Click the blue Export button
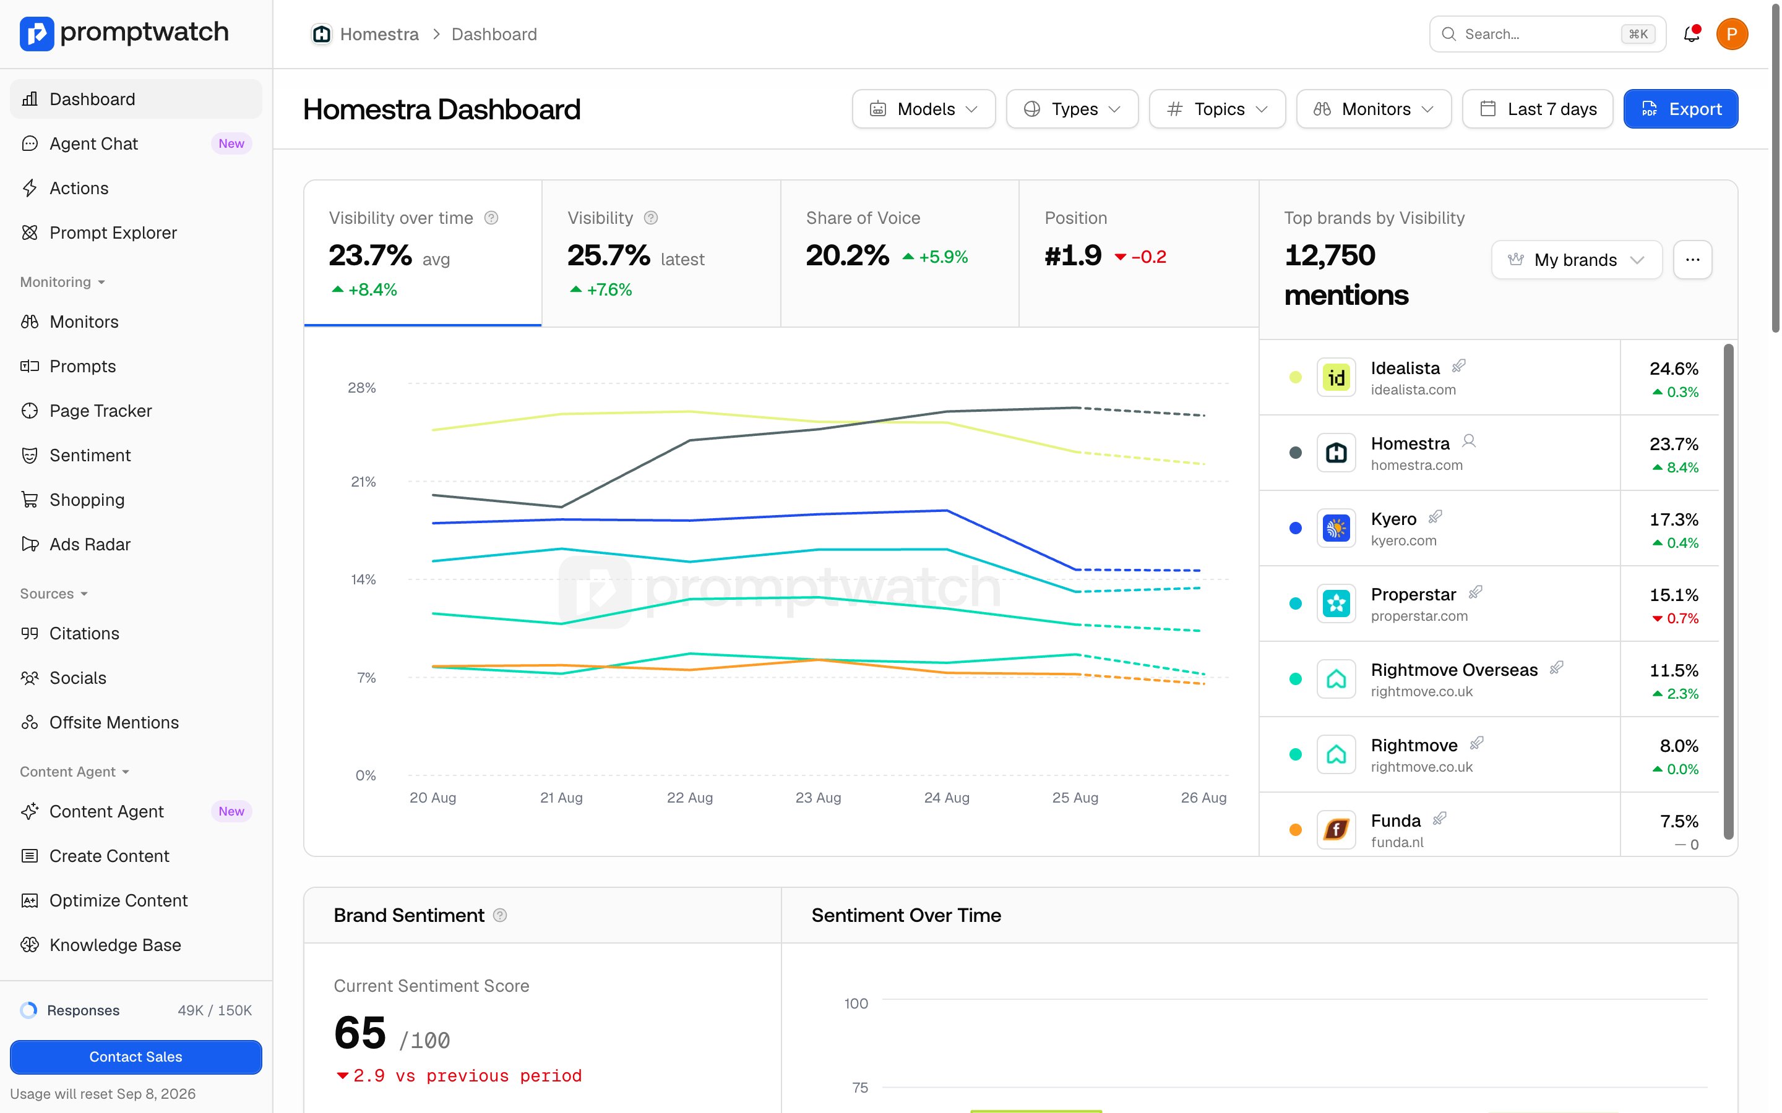pyautogui.click(x=1681, y=109)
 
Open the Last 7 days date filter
pyautogui.click(x=1537, y=109)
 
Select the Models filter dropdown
pyautogui.click(x=923, y=109)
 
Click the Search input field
pyautogui.click(x=1547, y=34)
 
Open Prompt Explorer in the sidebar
pyautogui.click(x=113, y=232)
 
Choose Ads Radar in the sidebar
pyautogui.click(x=90, y=544)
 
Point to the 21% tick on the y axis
pyautogui.click(x=363, y=482)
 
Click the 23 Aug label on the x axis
pyautogui.click(x=818, y=797)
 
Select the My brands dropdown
pyautogui.click(x=1577, y=260)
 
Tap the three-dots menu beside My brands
pyautogui.click(x=1692, y=260)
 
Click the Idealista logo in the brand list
pyautogui.click(x=1336, y=378)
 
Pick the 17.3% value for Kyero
pyautogui.click(x=1674, y=519)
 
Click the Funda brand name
pyautogui.click(x=1395, y=820)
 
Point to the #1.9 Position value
pyautogui.click(x=1073, y=255)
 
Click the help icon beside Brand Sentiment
pyautogui.click(x=500, y=915)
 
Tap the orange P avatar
pyautogui.click(x=1732, y=34)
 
